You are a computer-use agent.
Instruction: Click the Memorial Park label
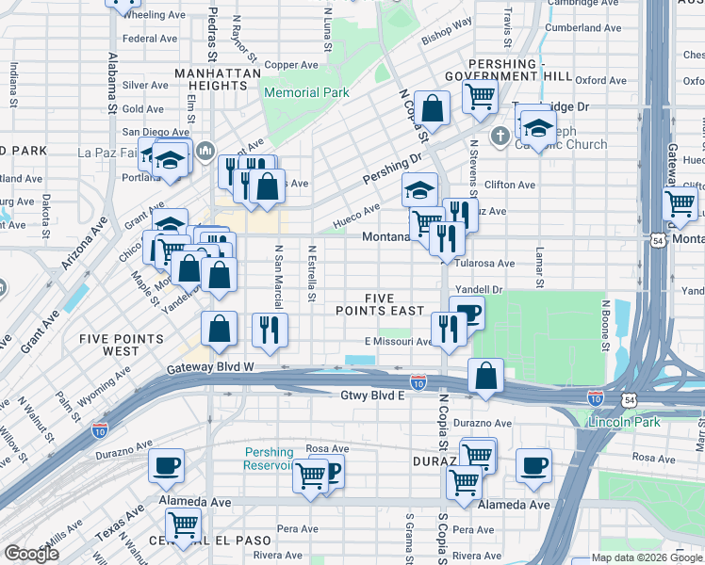click(x=306, y=92)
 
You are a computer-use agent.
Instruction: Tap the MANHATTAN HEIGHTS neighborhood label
click(x=209, y=78)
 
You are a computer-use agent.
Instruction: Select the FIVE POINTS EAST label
click(x=381, y=304)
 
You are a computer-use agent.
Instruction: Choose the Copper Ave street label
click(x=292, y=65)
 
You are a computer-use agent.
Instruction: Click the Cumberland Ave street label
click(x=583, y=28)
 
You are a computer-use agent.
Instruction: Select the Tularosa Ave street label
click(x=485, y=264)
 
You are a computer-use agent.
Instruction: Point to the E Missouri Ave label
click(x=398, y=342)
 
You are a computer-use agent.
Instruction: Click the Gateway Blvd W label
click(x=211, y=367)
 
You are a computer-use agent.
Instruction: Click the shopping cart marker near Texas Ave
click(x=182, y=524)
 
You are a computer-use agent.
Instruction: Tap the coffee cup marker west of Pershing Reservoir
click(x=166, y=464)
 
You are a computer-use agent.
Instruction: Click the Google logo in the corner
click(x=32, y=554)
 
